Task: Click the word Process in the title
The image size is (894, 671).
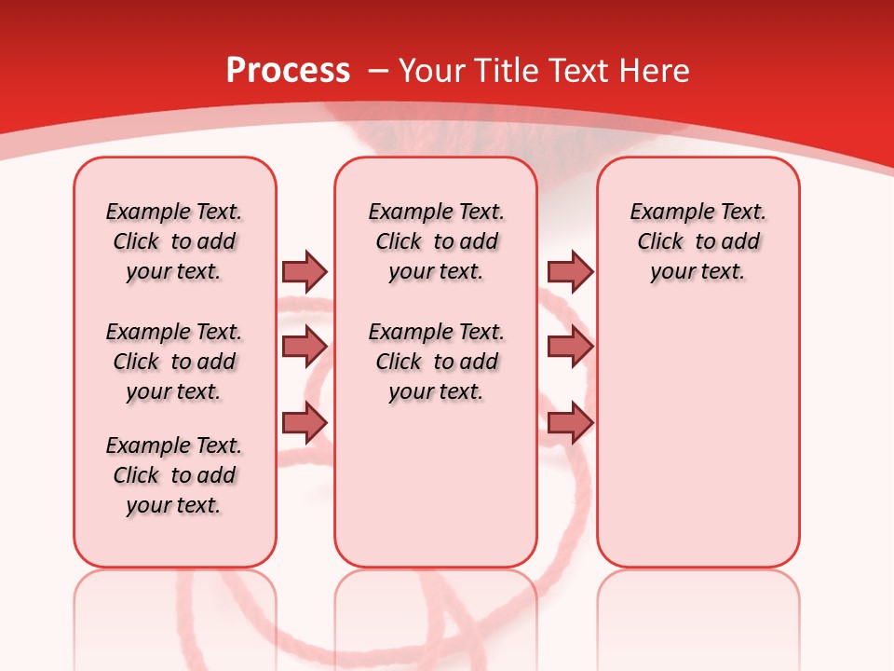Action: [x=288, y=71]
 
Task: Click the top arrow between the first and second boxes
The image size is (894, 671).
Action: [x=305, y=271]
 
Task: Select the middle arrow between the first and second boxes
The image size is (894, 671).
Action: [x=305, y=347]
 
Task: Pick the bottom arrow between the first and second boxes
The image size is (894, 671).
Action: [x=305, y=423]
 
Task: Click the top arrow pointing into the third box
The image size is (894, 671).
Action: [x=570, y=271]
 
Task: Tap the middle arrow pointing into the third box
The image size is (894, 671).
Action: [x=570, y=347]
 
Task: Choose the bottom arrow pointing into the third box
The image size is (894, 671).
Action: [x=570, y=423]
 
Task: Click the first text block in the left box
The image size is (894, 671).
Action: [x=174, y=241]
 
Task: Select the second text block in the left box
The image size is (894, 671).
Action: [x=174, y=362]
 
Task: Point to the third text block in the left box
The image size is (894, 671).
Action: [x=174, y=475]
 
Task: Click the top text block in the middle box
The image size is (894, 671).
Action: [x=436, y=241]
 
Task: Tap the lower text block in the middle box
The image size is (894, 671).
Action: [x=436, y=362]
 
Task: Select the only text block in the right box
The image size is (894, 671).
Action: [x=698, y=241]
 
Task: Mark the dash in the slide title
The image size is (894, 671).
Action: [x=377, y=72]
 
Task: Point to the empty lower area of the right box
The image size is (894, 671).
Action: [x=698, y=438]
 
